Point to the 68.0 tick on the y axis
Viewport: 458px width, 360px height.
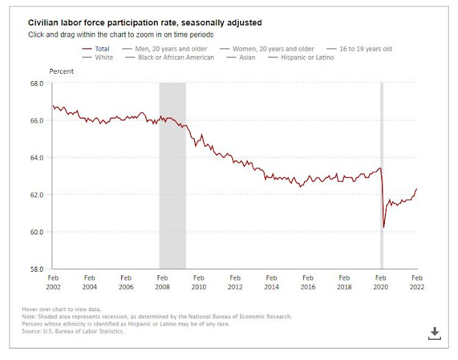(x=36, y=83)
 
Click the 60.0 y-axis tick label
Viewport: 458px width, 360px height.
(x=36, y=232)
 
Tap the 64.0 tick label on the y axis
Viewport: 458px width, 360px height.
(x=36, y=157)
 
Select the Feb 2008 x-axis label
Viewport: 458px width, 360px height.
(x=162, y=281)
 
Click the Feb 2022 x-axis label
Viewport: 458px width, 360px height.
(x=416, y=281)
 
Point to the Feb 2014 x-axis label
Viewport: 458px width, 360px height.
(x=271, y=281)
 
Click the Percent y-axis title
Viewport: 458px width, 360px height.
(x=62, y=72)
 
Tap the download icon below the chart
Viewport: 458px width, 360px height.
(x=434, y=332)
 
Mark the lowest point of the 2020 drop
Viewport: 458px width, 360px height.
(x=383, y=227)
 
